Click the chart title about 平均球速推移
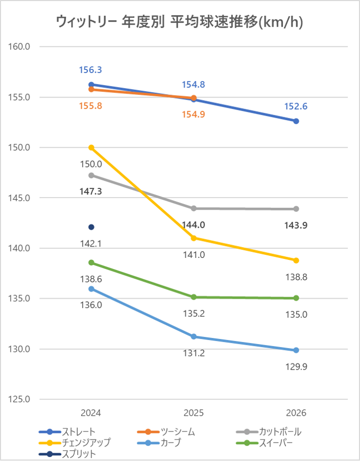(x=179, y=22)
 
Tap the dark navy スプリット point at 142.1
(x=91, y=227)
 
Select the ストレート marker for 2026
(x=296, y=121)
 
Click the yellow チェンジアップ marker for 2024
(x=91, y=148)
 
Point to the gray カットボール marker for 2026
(x=296, y=209)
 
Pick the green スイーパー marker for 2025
(x=194, y=297)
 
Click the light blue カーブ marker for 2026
(x=296, y=350)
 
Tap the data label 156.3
(x=90, y=70)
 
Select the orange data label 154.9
(x=194, y=114)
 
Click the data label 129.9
(x=296, y=367)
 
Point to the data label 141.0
(x=194, y=255)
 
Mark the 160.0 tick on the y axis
(x=19, y=46)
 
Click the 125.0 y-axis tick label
(x=19, y=399)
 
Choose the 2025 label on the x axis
(x=194, y=413)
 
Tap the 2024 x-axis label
(x=91, y=413)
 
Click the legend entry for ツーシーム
(x=166, y=431)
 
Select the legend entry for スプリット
(x=67, y=454)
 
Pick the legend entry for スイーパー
(x=265, y=443)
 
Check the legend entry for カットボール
(x=269, y=431)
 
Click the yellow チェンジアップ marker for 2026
(x=296, y=260)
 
